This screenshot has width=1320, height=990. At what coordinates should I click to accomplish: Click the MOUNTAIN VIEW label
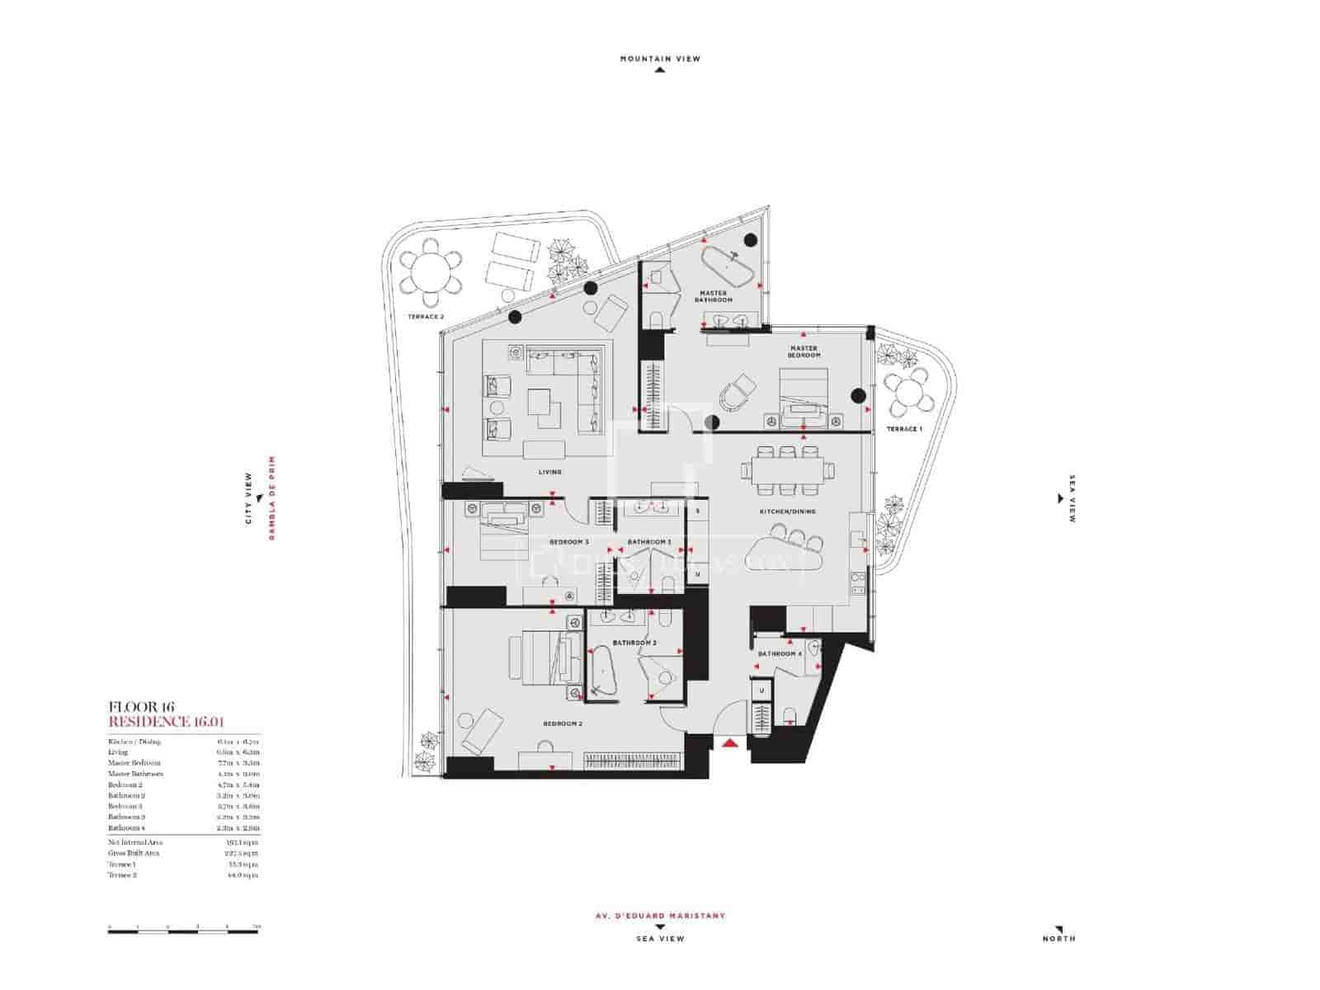pyautogui.click(x=660, y=59)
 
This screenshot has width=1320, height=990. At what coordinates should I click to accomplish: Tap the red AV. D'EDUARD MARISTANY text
pyautogui.click(x=660, y=916)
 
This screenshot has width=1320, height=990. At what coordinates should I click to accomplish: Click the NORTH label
pyautogui.click(x=1058, y=939)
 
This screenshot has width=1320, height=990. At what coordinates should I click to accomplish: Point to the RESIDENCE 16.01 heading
pyautogui.click(x=167, y=722)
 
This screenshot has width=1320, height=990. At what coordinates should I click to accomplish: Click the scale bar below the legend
pyautogui.click(x=182, y=931)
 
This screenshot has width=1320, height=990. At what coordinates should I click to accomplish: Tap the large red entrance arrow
pyautogui.click(x=728, y=743)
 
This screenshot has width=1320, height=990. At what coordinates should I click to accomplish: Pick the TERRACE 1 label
pyautogui.click(x=903, y=430)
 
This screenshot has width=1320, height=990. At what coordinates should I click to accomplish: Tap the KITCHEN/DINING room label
pyautogui.click(x=787, y=511)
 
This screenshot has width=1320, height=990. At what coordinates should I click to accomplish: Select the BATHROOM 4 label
pyautogui.click(x=780, y=654)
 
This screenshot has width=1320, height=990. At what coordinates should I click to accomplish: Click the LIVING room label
pyautogui.click(x=549, y=472)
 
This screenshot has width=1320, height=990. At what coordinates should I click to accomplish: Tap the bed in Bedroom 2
pyautogui.click(x=540, y=658)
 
